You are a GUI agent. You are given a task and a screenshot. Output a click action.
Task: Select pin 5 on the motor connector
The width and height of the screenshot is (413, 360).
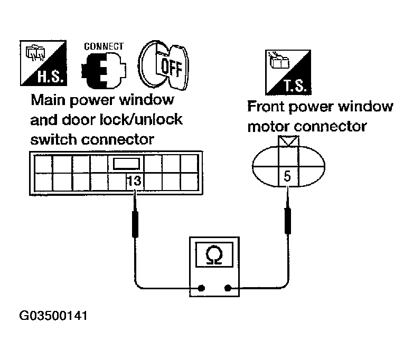coord(287,176)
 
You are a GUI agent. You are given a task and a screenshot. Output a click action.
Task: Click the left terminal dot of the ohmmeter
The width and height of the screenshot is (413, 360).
coord(201,289)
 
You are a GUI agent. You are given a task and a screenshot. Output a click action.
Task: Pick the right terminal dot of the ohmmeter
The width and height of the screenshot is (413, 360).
coord(228,289)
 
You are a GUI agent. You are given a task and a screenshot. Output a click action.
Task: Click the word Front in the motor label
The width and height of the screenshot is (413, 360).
coord(268,107)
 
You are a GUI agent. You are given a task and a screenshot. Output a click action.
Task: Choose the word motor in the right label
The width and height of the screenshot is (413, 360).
coord(269,127)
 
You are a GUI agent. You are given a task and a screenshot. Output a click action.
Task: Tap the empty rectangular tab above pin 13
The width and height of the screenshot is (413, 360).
coord(126,164)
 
